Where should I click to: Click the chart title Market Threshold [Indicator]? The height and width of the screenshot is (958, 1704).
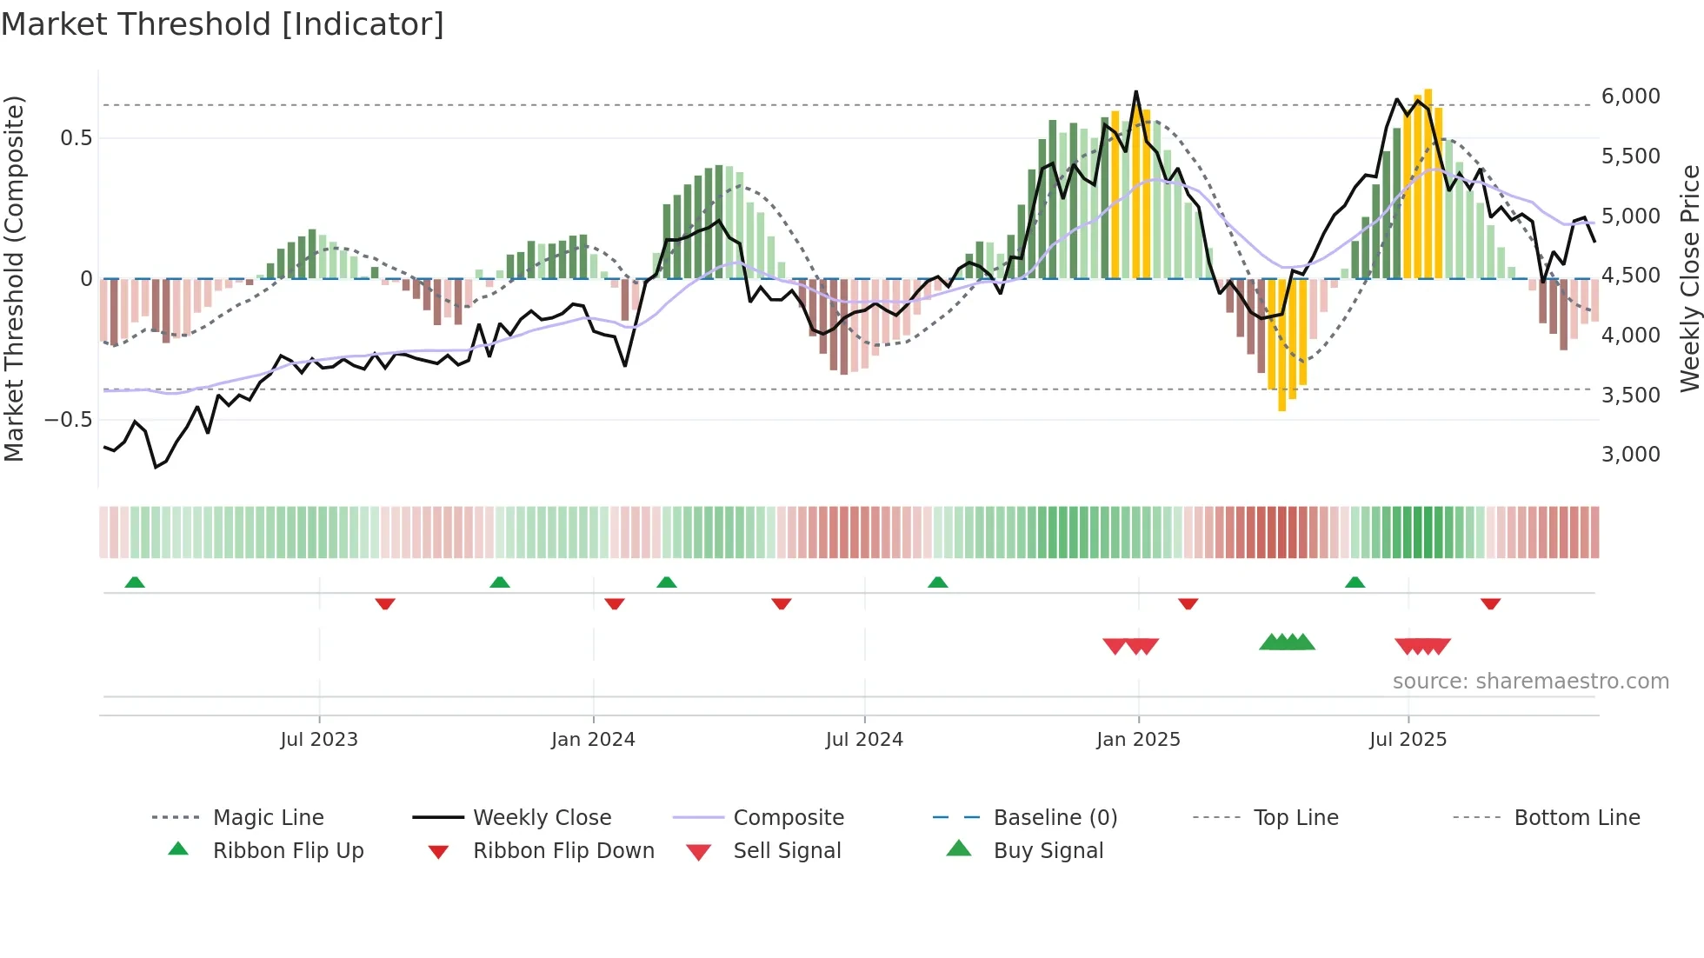(223, 24)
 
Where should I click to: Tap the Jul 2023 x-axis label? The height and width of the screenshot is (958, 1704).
(319, 739)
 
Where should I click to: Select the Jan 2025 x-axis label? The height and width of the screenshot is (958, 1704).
(1138, 739)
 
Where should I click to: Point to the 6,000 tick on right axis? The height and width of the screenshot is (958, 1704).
(1630, 96)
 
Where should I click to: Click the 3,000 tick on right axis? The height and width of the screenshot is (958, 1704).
(1630, 454)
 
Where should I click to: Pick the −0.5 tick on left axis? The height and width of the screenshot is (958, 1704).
(69, 420)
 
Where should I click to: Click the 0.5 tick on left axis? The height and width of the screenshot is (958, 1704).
(76, 138)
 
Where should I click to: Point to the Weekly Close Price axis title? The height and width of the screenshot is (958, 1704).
(1689, 278)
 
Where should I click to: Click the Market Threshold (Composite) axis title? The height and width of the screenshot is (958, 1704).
(14, 278)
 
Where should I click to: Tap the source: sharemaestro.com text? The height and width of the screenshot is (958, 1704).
(1530, 681)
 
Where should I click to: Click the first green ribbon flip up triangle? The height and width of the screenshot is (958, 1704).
(135, 582)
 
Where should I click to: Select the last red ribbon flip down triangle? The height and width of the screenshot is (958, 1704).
(1490, 603)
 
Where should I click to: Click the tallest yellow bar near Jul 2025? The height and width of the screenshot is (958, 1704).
(1428, 183)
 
